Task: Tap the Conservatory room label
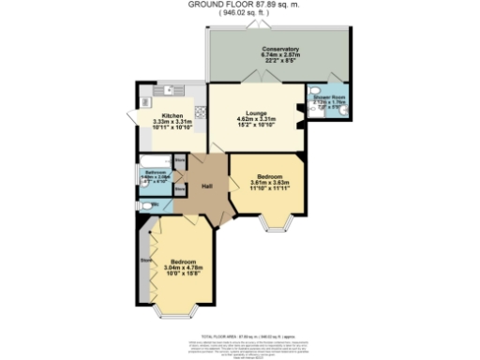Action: pyautogui.click(x=280, y=48)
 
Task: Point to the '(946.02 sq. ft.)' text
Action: pyautogui.click(x=240, y=15)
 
